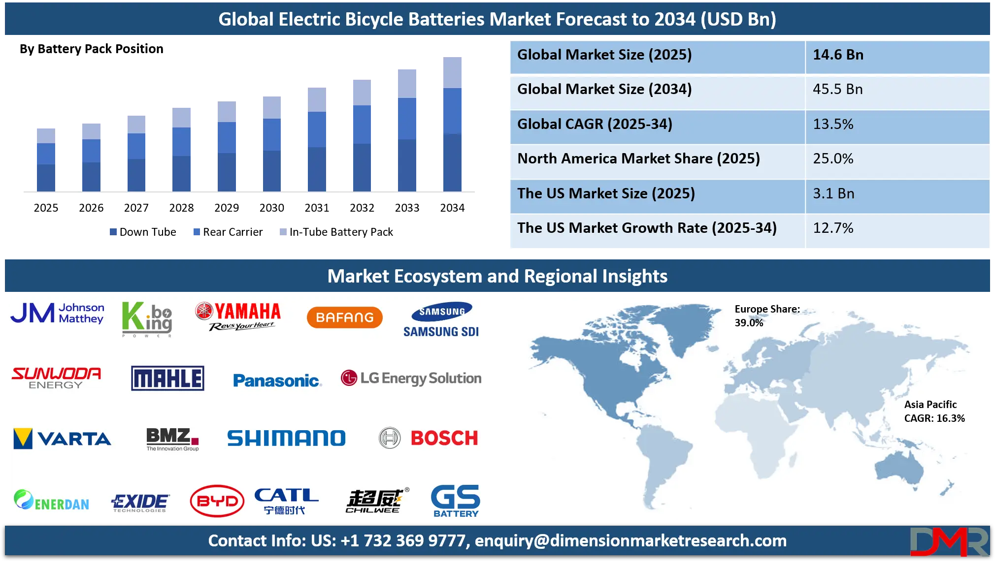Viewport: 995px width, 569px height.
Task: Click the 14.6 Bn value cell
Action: tap(838, 55)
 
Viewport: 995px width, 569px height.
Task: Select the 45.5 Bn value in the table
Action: tap(837, 90)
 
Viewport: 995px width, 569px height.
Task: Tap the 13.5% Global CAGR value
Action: tap(833, 125)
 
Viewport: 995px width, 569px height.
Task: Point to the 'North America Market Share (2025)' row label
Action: tap(638, 159)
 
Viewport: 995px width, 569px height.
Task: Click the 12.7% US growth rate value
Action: tap(833, 228)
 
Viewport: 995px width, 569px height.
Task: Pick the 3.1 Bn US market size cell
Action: tap(833, 194)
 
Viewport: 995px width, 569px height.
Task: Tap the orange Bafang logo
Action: tap(344, 317)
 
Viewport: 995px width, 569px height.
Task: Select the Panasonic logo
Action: tap(277, 380)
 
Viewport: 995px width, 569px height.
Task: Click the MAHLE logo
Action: tap(167, 379)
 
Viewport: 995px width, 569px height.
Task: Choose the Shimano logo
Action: tap(286, 438)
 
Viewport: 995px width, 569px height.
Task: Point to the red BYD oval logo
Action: tap(217, 501)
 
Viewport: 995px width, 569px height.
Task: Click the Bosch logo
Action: tap(429, 438)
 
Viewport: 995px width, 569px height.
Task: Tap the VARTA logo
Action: tap(62, 439)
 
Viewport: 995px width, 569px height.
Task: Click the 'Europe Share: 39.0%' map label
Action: tap(766, 316)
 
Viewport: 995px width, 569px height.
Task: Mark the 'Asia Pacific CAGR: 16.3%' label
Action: tap(934, 411)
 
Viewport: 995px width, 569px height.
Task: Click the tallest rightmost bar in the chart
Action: tap(453, 123)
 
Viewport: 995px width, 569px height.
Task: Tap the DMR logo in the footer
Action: tap(948, 541)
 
